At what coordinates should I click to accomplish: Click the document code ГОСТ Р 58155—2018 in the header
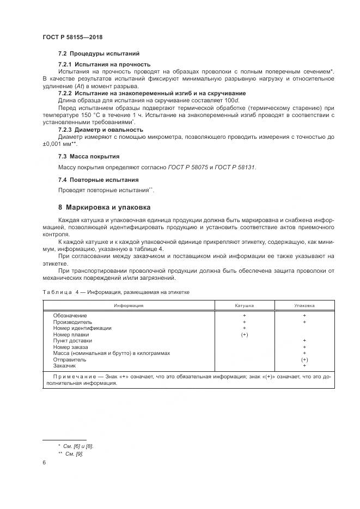pyautogui.click(x=72, y=37)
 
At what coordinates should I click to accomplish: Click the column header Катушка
pyautogui.click(x=244, y=305)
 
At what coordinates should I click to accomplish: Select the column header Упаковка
pyautogui.click(x=304, y=305)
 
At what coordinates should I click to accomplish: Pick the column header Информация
pyautogui.click(x=129, y=305)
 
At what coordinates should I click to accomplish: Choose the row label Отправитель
pyautogui.click(x=70, y=360)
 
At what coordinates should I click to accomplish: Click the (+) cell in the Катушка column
pyautogui.click(x=244, y=334)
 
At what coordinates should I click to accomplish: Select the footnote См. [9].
pyautogui.click(x=74, y=453)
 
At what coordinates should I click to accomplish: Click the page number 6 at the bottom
pyautogui.click(x=44, y=463)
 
